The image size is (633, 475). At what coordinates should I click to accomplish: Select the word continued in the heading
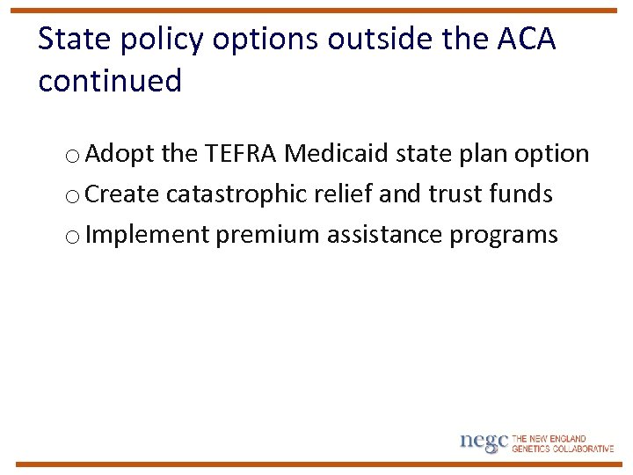[110, 81]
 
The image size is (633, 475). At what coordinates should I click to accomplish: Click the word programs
[504, 235]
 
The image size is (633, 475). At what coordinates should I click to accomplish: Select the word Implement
[149, 235]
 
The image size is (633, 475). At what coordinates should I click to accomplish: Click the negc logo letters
[484, 442]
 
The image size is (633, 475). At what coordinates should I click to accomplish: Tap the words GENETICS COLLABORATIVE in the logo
[563, 449]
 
